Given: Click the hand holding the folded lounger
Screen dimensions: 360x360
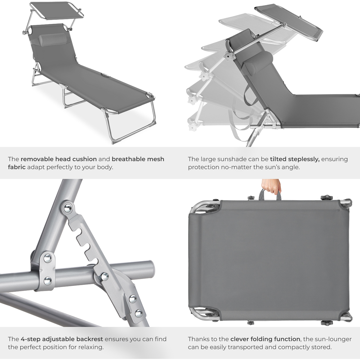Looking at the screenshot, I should point(270,186).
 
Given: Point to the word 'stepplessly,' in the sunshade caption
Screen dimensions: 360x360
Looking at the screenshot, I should point(294,159).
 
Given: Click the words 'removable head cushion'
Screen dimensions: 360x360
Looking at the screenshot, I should point(59,159).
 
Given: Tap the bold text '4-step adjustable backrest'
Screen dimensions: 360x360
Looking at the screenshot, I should point(61,339).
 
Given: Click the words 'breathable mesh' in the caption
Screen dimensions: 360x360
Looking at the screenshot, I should point(138,159).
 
